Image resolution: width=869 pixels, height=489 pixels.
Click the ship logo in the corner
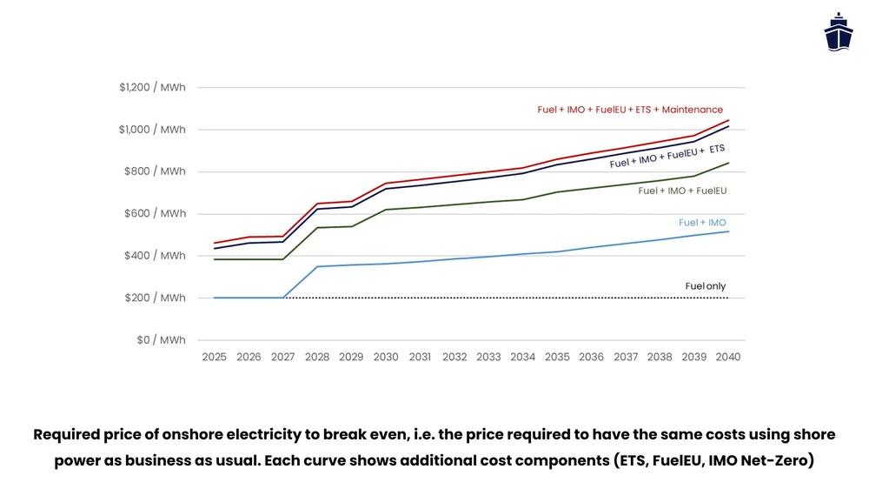click(838, 32)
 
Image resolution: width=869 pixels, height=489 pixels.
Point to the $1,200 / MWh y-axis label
click(152, 88)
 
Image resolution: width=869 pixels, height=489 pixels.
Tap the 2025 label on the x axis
click(214, 357)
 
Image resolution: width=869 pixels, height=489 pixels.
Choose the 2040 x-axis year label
click(728, 357)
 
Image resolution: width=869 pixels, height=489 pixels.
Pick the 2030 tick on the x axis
click(386, 357)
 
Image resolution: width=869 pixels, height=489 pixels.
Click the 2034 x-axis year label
click(523, 357)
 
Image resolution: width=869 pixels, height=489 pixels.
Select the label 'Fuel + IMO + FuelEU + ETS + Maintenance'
click(630, 110)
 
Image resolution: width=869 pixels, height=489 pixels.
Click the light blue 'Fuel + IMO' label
click(702, 223)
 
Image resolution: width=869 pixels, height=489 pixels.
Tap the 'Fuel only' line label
click(705, 286)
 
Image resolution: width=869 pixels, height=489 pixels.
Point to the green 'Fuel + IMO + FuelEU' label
click(682, 191)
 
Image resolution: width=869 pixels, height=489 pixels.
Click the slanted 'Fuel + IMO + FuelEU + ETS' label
click(667, 157)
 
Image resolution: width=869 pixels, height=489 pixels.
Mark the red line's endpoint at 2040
click(728, 120)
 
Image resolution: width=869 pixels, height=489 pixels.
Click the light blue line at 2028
click(317, 266)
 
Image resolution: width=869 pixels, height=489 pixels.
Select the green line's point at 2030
click(386, 210)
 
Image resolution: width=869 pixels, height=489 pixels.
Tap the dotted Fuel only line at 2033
click(488, 298)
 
